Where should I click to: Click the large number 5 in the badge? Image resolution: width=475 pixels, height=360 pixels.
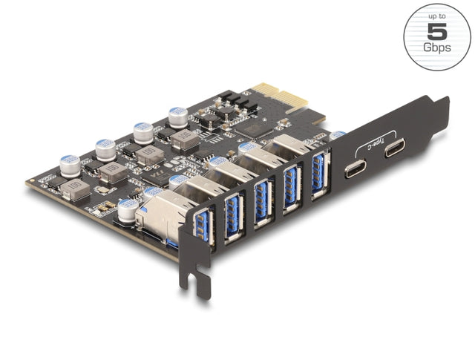pyautogui.click(x=437, y=31)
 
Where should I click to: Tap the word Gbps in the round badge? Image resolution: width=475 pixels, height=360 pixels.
pyautogui.click(x=437, y=48)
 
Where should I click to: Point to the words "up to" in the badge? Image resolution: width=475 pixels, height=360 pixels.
pyautogui.click(x=437, y=16)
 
